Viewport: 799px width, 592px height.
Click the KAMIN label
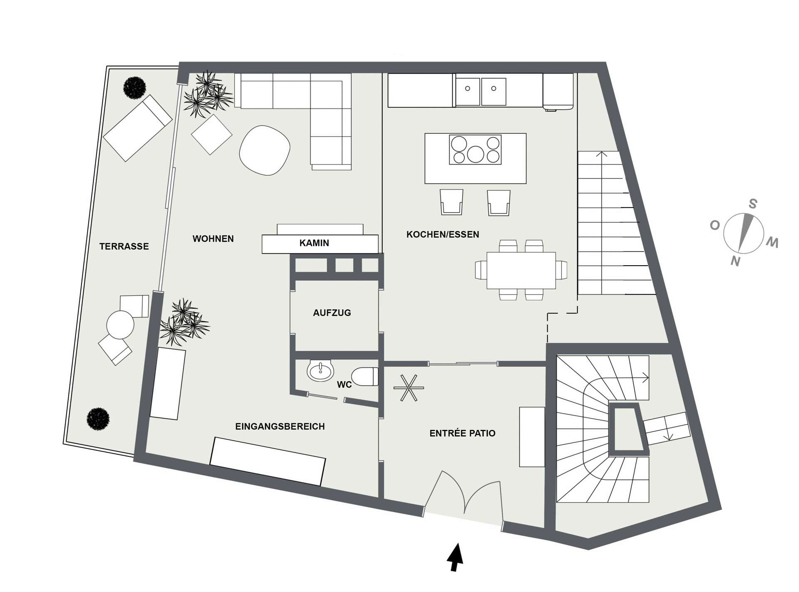point(314,243)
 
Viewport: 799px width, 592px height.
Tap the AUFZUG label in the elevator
point(332,313)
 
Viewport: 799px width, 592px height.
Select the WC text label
point(344,385)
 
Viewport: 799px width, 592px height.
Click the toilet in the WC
point(365,377)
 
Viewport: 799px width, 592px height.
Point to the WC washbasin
point(320,370)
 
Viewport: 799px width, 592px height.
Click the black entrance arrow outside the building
point(455,557)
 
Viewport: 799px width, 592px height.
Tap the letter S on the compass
point(752,204)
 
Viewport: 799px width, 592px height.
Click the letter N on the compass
point(735,261)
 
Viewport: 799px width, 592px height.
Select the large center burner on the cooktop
point(475,154)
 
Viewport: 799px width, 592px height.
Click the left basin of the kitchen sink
point(468,91)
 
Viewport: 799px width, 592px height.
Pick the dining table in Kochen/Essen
point(521,270)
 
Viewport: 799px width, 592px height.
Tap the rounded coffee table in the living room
point(265,150)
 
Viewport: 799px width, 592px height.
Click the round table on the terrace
point(120,325)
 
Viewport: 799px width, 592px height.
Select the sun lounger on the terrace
point(138,128)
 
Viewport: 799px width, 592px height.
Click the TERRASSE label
point(124,247)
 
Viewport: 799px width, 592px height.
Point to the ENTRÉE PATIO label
point(462,433)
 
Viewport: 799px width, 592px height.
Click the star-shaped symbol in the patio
point(409,388)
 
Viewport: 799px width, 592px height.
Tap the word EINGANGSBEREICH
point(280,427)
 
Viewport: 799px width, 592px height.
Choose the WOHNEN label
point(213,239)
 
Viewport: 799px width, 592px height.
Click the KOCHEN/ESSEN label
point(443,234)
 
